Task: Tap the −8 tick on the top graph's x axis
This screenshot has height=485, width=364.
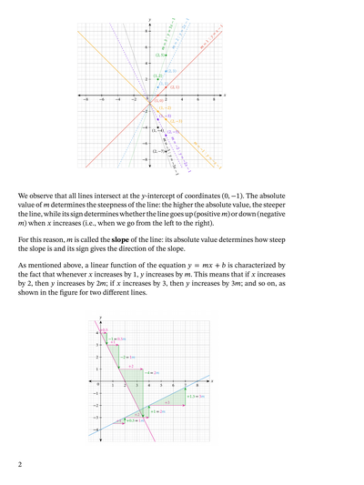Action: coord(86,99)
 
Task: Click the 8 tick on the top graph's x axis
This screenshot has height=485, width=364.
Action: coord(215,99)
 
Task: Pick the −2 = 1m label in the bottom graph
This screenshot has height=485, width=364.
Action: coord(117,338)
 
